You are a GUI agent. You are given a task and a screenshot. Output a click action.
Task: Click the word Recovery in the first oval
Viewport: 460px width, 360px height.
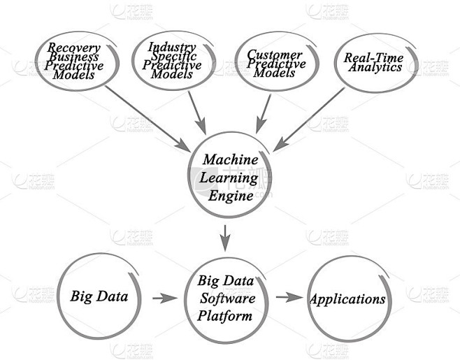coord(74,48)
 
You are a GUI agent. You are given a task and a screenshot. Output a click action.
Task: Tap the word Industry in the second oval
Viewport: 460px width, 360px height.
coord(172,47)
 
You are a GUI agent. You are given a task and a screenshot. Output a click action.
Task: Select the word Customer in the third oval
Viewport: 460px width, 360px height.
coord(275,55)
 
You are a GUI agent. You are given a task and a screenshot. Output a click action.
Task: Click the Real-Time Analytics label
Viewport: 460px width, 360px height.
coord(374,62)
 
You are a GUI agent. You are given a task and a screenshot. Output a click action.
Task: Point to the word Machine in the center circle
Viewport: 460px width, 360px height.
coord(231,159)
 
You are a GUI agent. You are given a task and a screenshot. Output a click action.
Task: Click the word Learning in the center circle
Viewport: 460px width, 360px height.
coord(229,178)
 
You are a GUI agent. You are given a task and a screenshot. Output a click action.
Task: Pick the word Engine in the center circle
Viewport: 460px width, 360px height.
coord(231,196)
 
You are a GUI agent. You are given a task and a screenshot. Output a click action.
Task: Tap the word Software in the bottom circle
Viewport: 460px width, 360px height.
coord(228,298)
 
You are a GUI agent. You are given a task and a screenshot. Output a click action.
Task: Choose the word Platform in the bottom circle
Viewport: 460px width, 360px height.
coord(224,316)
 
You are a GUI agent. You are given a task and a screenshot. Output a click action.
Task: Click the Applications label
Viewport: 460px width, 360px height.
coord(347,299)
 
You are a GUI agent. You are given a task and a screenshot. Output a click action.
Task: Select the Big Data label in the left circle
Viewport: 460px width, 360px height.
coord(99,296)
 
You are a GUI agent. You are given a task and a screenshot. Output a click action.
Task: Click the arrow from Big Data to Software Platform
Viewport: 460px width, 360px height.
coord(165,298)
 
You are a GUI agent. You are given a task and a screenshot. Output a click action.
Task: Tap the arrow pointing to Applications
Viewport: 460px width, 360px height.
coord(289,297)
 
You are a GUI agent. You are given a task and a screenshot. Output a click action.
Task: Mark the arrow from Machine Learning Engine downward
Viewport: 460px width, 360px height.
coord(225,238)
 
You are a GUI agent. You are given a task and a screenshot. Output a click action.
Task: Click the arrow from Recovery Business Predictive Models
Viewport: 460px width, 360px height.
coord(148,119)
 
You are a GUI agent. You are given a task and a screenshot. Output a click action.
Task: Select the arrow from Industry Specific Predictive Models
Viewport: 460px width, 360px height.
coord(197,113)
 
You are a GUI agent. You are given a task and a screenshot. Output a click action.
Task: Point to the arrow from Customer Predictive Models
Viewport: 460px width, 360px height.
coord(263,114)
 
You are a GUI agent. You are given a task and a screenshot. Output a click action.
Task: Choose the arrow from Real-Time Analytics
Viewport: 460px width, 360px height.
coord(309,120)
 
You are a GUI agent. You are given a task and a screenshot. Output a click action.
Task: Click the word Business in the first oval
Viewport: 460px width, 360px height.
coord(74,57)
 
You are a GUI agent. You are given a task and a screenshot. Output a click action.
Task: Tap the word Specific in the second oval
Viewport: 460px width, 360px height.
coord(173,56)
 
